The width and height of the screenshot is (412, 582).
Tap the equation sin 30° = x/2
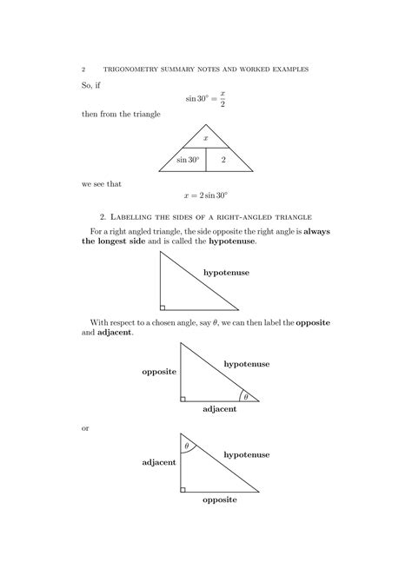click(x=205, y=97)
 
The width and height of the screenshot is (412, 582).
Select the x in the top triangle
click(x=206, y=138)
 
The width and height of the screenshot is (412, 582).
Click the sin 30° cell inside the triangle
click(x=188, y=160)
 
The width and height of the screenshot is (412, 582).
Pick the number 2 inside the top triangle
click(x=223, y=160)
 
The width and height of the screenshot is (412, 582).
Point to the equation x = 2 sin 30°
click(x=205, y=197)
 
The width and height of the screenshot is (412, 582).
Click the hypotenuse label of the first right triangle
click(x=226, y=273)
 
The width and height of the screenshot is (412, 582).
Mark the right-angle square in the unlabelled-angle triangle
click(x=163, y=307)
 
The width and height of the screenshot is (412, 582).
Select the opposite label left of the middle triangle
click(x=160, y=371)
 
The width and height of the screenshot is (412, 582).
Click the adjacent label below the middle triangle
click(x=220, y=408)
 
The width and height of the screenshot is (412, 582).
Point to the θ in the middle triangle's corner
click(x=246, y=397)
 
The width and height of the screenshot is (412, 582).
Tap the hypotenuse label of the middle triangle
click(x=247, y=362)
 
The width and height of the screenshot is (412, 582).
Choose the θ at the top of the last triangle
click(x=186, y=446)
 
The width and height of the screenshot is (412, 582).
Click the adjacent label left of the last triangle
click(x=159, y=462)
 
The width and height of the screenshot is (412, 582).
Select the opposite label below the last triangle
click(x=220, y=500)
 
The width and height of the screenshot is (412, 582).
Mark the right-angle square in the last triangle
click(x=183, y=488)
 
